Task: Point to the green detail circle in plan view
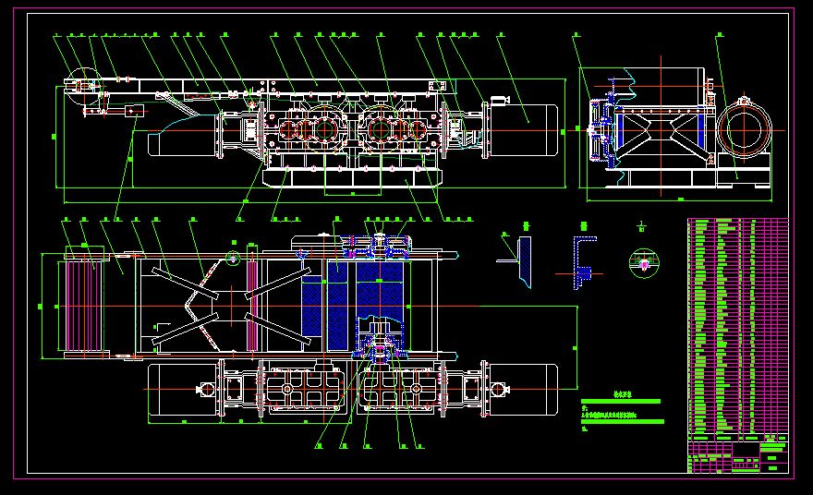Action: coord(232,258)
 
